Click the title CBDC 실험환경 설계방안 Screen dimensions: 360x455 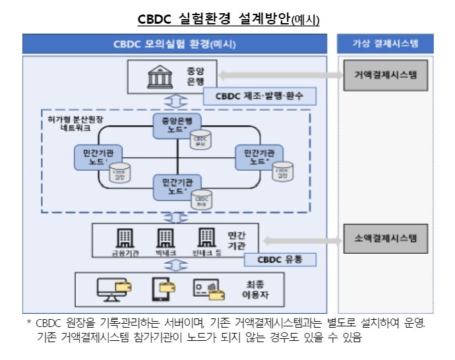(228, 18)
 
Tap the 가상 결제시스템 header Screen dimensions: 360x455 (386, 44)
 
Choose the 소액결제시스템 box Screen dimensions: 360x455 (386, 237)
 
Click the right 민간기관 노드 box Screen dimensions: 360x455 (257, 156)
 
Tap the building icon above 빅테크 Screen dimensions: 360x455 (166, 237)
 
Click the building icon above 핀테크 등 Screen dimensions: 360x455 (206, 237)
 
